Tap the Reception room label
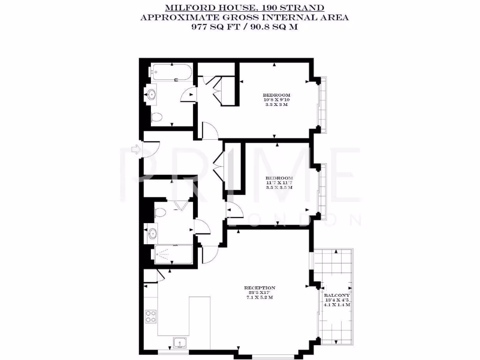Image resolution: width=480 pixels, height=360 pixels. [259, 287]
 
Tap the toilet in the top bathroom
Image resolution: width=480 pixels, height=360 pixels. [157, 116]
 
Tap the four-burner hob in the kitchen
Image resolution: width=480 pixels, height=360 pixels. [151, 316]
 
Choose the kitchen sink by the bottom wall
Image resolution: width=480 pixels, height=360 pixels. [180, 345]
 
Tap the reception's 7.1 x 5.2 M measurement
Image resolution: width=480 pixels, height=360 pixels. [259, 298]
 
